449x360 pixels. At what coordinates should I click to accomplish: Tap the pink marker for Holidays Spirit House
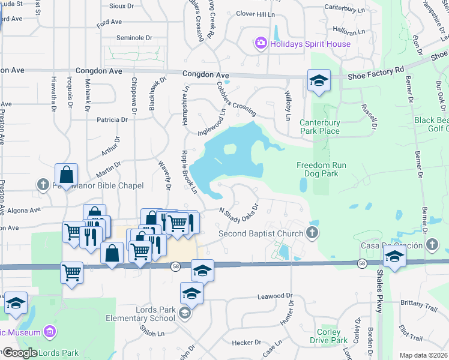261,43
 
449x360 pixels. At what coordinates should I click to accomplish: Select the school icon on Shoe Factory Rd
319,81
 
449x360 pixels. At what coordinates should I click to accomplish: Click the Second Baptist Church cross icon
312,233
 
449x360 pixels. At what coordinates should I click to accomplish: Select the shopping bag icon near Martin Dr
66,175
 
